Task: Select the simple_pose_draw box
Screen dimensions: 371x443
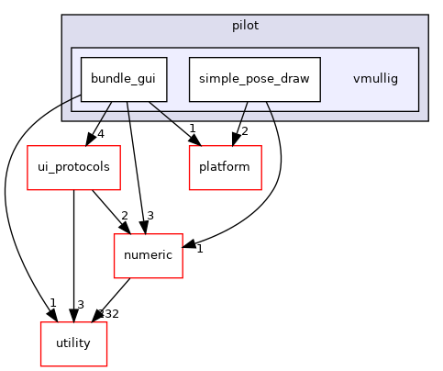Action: pos(254,79)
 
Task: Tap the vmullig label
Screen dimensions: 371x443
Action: pos(375,79)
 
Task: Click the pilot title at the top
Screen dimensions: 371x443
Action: pos(244,26)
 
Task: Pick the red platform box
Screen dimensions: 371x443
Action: pos(226,168)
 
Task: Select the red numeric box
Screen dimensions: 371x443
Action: pos(148,255)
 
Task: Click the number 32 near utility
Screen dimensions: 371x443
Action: pos(111,314)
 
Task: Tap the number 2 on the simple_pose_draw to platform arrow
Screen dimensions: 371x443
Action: pos(244,131)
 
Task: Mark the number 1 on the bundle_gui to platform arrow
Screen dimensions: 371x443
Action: pos(192,128)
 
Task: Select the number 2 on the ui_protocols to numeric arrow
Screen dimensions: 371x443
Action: pos(124,216)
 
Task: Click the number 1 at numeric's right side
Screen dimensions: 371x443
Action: pos(199,248)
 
